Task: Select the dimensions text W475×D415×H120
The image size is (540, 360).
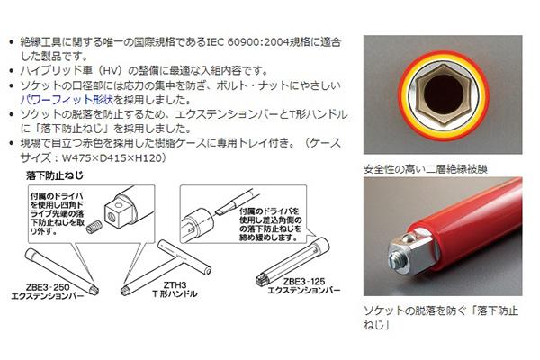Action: pyautogui.click(x=112, y=158)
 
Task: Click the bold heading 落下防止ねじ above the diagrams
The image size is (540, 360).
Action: pyautogui.click(x=55, y=175)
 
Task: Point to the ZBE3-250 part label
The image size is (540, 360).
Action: pyautogui.click(x=48, y=287)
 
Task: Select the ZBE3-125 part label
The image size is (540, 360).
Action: pyautogui.click(x=304, y=282)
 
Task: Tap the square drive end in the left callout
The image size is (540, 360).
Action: pyautogui.click(x=116, y=214)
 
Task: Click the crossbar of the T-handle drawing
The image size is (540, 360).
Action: pyautogui.click(x=184, y=257)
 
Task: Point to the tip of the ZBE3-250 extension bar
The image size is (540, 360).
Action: pyautogui.click(x=94, y=291)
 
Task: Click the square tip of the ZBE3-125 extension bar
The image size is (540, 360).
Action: pyautogui.click(x=262, y=280)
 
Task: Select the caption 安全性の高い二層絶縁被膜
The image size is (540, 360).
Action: pyautogui.click(x=426, y=169)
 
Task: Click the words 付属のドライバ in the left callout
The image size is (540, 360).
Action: pyautogui.click(x=57, y=196)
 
